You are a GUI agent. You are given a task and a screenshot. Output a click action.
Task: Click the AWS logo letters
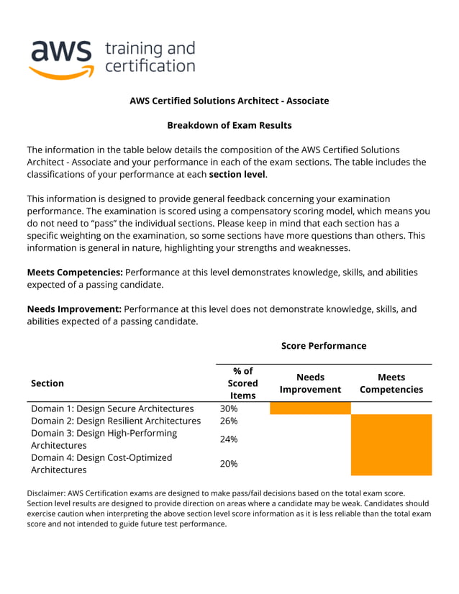[x=61, y=51]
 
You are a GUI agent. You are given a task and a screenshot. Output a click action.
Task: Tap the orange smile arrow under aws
[x=62, y=72]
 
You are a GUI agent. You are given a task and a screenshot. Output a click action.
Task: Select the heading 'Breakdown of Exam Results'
[x=229, y=125]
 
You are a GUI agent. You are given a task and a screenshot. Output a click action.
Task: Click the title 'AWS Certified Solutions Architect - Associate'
[x=229, y=101]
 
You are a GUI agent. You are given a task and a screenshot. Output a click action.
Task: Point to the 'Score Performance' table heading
[x=324, y=346]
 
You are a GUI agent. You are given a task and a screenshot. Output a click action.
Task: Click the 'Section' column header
[x=47, y=383]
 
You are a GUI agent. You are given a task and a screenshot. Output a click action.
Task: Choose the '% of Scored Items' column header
[x=242, y=383]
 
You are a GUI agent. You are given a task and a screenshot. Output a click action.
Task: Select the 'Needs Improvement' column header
[x=310, y=383]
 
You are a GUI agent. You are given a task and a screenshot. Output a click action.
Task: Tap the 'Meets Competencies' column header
[x=391, y=383]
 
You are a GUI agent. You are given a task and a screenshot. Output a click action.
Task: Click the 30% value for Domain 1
[x=229, y=408]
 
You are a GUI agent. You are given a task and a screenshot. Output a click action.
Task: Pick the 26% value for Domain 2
[x=229, y=421]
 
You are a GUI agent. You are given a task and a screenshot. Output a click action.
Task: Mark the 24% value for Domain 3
[x=229, y=439]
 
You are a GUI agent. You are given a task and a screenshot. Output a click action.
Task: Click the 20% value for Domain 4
[x=229, y=464]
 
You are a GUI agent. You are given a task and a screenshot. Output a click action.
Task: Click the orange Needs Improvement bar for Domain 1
[x=310, y=408]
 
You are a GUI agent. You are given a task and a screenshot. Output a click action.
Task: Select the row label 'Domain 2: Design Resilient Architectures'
[x=116, y=421]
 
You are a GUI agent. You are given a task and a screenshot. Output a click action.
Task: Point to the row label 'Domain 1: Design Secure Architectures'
[x=112, y=408]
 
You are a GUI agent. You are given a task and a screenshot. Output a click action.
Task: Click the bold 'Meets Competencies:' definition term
[x=75, y=273]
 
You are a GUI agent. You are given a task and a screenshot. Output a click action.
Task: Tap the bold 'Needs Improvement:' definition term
[x=74, y=309]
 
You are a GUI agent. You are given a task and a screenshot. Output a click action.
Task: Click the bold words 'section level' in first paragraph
[x=237, y=175]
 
